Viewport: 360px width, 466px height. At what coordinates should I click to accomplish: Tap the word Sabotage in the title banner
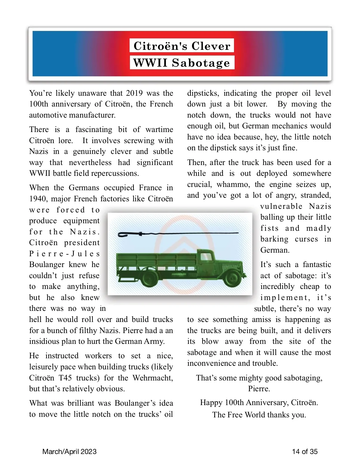(x=201, y=63)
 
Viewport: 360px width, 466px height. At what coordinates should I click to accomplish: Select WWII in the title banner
(x=150, y=63)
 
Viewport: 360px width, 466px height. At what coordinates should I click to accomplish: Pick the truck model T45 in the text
(x=65, y=377)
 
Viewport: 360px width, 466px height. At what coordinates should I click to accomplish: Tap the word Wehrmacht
(x=153, y=377)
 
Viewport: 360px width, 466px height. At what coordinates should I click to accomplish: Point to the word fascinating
(x=94, y=129)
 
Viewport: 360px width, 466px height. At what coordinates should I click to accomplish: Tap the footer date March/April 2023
(x=69, y=452)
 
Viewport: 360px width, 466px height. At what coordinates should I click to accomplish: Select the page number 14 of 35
(x=305, y=452)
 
